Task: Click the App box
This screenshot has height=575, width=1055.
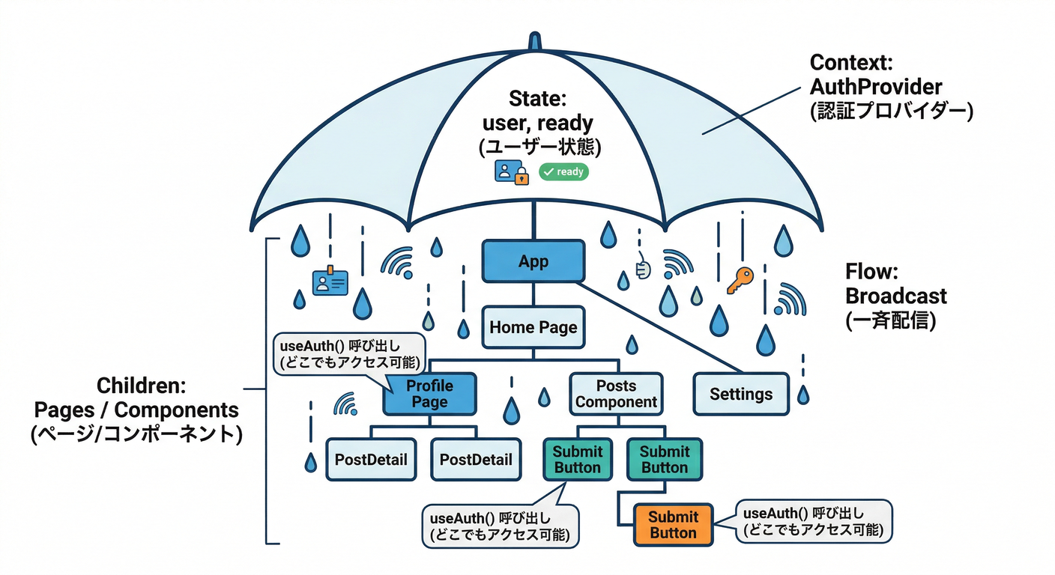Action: tap(533, 261)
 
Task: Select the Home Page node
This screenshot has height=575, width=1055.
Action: tap(533, 327)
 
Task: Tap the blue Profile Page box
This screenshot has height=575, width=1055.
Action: tap(429, 394)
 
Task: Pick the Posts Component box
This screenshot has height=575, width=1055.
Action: tap(616, 394)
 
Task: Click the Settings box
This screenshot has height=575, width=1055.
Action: tap(740, 394)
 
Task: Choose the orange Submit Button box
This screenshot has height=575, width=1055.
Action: tap(673, 525)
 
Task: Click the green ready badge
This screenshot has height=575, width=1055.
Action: tap(563, 172)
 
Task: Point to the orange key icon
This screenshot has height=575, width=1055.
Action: tap(739, 281)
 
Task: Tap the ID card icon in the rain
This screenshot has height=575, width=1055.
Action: tap(330, 282)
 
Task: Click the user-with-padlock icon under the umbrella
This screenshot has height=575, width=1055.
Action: tap(512, 171)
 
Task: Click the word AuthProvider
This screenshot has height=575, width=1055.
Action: tap(875, 86)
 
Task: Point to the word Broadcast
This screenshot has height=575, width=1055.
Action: tap(895, 296)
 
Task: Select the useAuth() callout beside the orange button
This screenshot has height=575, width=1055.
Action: tap(814, 523)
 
